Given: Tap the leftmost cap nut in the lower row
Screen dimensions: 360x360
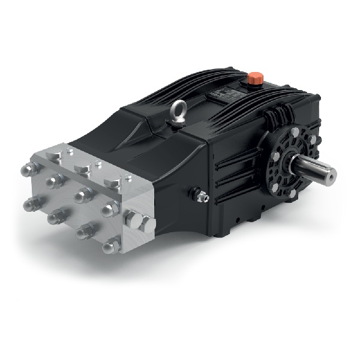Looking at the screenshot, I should click(x=28, y=204).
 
